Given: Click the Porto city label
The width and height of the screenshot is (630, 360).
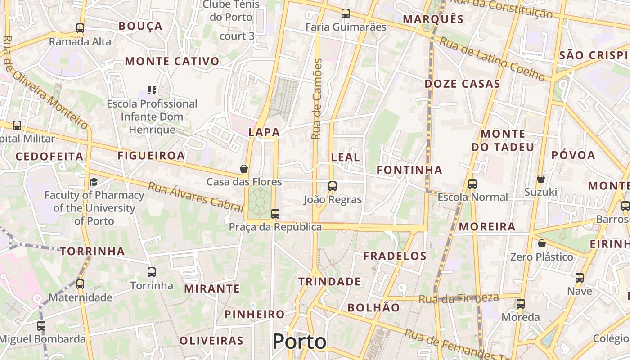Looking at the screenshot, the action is click(x=299, y=342).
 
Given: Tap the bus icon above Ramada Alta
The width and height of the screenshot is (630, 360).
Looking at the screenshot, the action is click(x=80, y=28).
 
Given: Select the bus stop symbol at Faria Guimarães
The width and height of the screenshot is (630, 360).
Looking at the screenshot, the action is click(x=346, y=13).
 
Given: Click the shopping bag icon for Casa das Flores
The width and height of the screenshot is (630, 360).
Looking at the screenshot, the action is click(x=244, y=169).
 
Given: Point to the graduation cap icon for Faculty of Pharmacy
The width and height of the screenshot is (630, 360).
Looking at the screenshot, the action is click(x=94, y=182).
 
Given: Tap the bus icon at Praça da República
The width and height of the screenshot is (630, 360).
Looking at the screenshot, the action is click(x=275, y=214).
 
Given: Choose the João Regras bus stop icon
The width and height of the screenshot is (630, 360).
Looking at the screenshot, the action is click(x=333, y=186).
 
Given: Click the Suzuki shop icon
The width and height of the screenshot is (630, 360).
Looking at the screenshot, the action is click(x=541, y=179).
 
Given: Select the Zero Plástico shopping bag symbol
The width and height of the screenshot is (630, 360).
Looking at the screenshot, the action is click(x=542, y=243).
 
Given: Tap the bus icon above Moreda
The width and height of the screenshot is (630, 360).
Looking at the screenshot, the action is click(x=521, y=304).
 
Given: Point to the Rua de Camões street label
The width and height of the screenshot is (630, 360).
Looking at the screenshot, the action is click(x=317, y=99).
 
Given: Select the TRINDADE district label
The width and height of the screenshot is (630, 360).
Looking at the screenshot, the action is click(x=330, y=282).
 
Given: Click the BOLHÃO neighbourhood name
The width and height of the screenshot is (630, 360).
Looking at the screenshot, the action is click(x=373, y=307).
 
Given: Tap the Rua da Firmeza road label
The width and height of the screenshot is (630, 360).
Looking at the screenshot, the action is click(x=459, y=298).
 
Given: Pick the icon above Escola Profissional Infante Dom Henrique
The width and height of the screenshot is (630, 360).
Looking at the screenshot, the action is click(x=152, y=90).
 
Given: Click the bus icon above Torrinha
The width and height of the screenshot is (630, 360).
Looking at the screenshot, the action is click(x=152, y=272).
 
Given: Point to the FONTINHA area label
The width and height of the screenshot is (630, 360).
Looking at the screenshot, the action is click(x=409, y=170).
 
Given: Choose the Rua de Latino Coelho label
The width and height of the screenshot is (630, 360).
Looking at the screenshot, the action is click(x=492, y=59).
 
